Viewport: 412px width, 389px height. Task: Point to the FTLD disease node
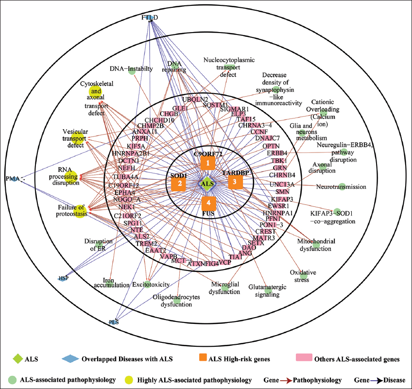[151, 18]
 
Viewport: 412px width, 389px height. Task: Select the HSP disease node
[63, 278]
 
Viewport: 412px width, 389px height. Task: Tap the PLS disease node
[114, 321]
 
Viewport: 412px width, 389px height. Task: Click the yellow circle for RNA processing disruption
[71, 176]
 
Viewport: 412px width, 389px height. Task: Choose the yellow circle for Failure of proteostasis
[80, 211]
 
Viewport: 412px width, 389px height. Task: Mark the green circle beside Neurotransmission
[342, 186]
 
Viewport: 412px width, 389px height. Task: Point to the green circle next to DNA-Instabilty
[131, 70]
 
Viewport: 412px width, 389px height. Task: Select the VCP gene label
[224, 262]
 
